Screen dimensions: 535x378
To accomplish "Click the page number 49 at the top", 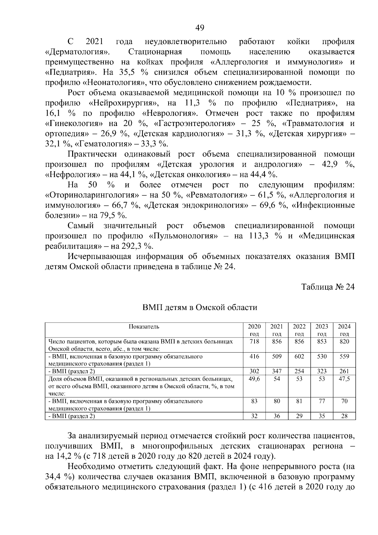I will pyautogui.click(x=200, y=28).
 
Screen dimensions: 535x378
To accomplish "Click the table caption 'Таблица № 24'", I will pyautogui.click(x=328, y=287).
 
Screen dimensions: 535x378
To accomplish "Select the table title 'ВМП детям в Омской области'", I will pyautogui.click(x=200, y=307).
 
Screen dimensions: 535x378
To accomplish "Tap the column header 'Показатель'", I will pyautogui.click(x=144, y=326).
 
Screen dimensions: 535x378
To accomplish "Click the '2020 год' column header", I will pyautogui.click(x=254, y=330).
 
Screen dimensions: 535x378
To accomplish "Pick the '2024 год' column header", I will pyautogui.click(x=344, y=330).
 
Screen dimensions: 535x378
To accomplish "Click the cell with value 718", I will pyautogui.click(x=254, y=342).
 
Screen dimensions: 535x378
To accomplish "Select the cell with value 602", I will pyautogui.click(x=299, y=356).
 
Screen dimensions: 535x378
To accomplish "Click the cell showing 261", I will pyautogui.click(x=344, y=371).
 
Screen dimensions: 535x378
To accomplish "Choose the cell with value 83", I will pyautogui.click(x=254, y=401).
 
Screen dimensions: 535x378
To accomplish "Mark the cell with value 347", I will pyautogui.click(x=277, y=371).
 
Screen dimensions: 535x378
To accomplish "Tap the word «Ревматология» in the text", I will pyautogui.click(x=219, y=195).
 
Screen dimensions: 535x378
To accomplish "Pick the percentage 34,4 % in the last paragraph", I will pyautogui.click(x=57, y=477).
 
